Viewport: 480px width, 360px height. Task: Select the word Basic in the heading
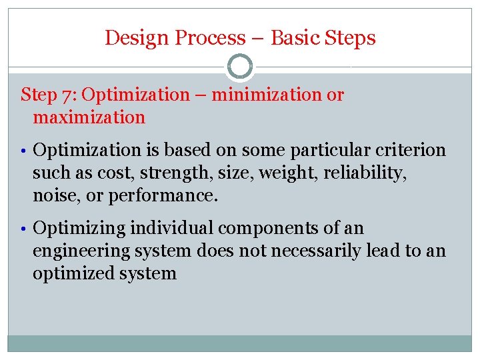tap(295, 38)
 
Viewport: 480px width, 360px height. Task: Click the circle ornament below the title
tap(240, 67)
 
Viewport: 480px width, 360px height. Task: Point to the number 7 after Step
tap(68, 95)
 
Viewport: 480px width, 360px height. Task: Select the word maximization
tap(89, 117)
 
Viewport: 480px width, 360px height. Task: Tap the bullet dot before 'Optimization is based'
tap(25, 151)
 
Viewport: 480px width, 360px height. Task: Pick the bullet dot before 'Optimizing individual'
tap(25, 229)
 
